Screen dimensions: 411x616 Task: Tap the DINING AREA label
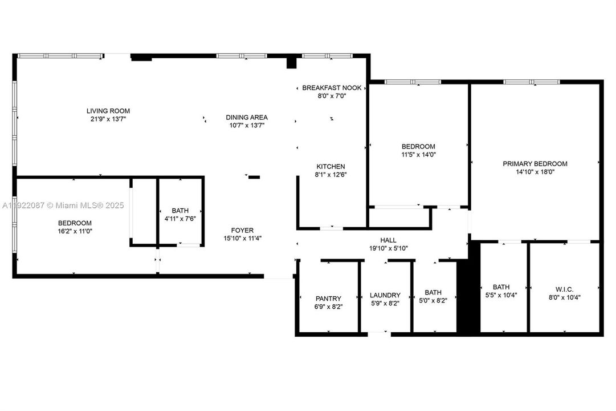(247, 117)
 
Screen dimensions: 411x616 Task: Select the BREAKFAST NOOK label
(332, 87)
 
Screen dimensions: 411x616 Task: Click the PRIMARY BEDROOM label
(535, 163)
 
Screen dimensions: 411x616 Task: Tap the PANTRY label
(328, 299)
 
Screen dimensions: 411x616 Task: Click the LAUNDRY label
(385, 295)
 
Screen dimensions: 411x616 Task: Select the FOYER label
(243, 230)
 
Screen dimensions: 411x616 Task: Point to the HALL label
(389, 240)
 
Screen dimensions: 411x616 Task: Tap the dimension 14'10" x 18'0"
(535, 172)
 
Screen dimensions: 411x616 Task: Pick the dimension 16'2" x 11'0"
(75, 231)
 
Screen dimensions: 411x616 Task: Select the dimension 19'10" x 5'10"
(389, 248)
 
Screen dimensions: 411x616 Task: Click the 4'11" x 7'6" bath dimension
(180, 219)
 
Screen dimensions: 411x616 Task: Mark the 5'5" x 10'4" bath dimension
(501, 296)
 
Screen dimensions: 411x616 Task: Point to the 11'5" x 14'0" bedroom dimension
(418, 155)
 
